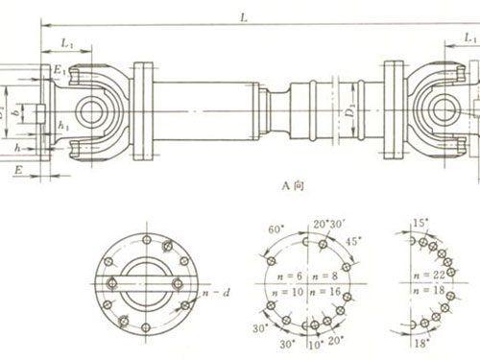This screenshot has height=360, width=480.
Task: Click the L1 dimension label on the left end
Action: [67, 44]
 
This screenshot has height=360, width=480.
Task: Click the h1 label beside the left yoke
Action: [63, 125]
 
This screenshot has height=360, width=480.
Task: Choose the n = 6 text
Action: [283, 275]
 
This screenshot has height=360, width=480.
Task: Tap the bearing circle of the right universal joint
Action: [444, 108]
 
